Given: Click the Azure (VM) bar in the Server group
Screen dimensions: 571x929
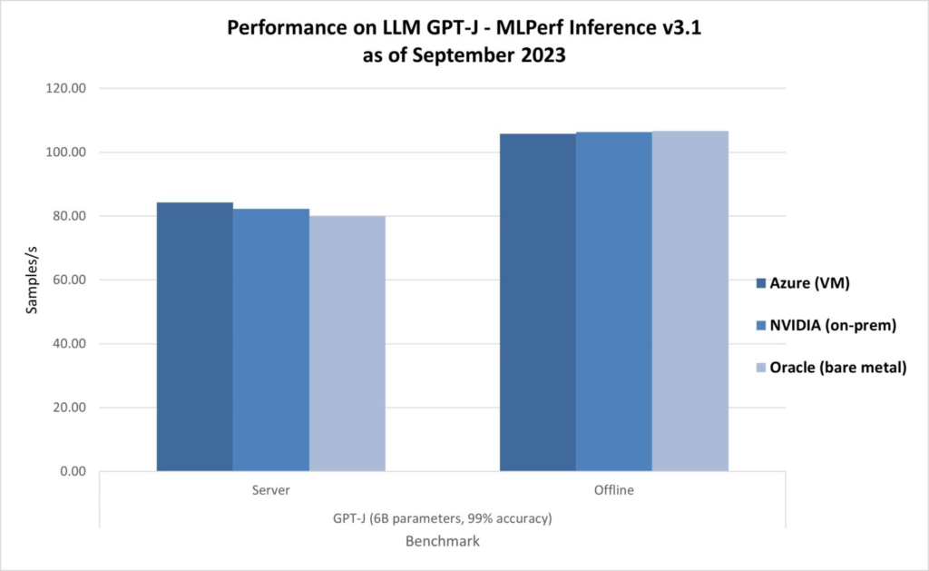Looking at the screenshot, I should (194, 337).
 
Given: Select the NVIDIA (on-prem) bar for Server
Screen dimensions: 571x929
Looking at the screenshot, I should (270, 340).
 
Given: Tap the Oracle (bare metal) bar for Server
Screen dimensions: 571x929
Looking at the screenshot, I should (347, 344).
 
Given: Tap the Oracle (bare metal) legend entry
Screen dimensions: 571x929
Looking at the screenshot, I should (832, 367).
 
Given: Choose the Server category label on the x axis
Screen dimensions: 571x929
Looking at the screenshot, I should (270, 491).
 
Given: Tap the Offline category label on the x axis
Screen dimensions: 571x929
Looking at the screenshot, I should (613, 491).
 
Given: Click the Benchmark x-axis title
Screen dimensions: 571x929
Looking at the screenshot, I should (442, 541).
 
